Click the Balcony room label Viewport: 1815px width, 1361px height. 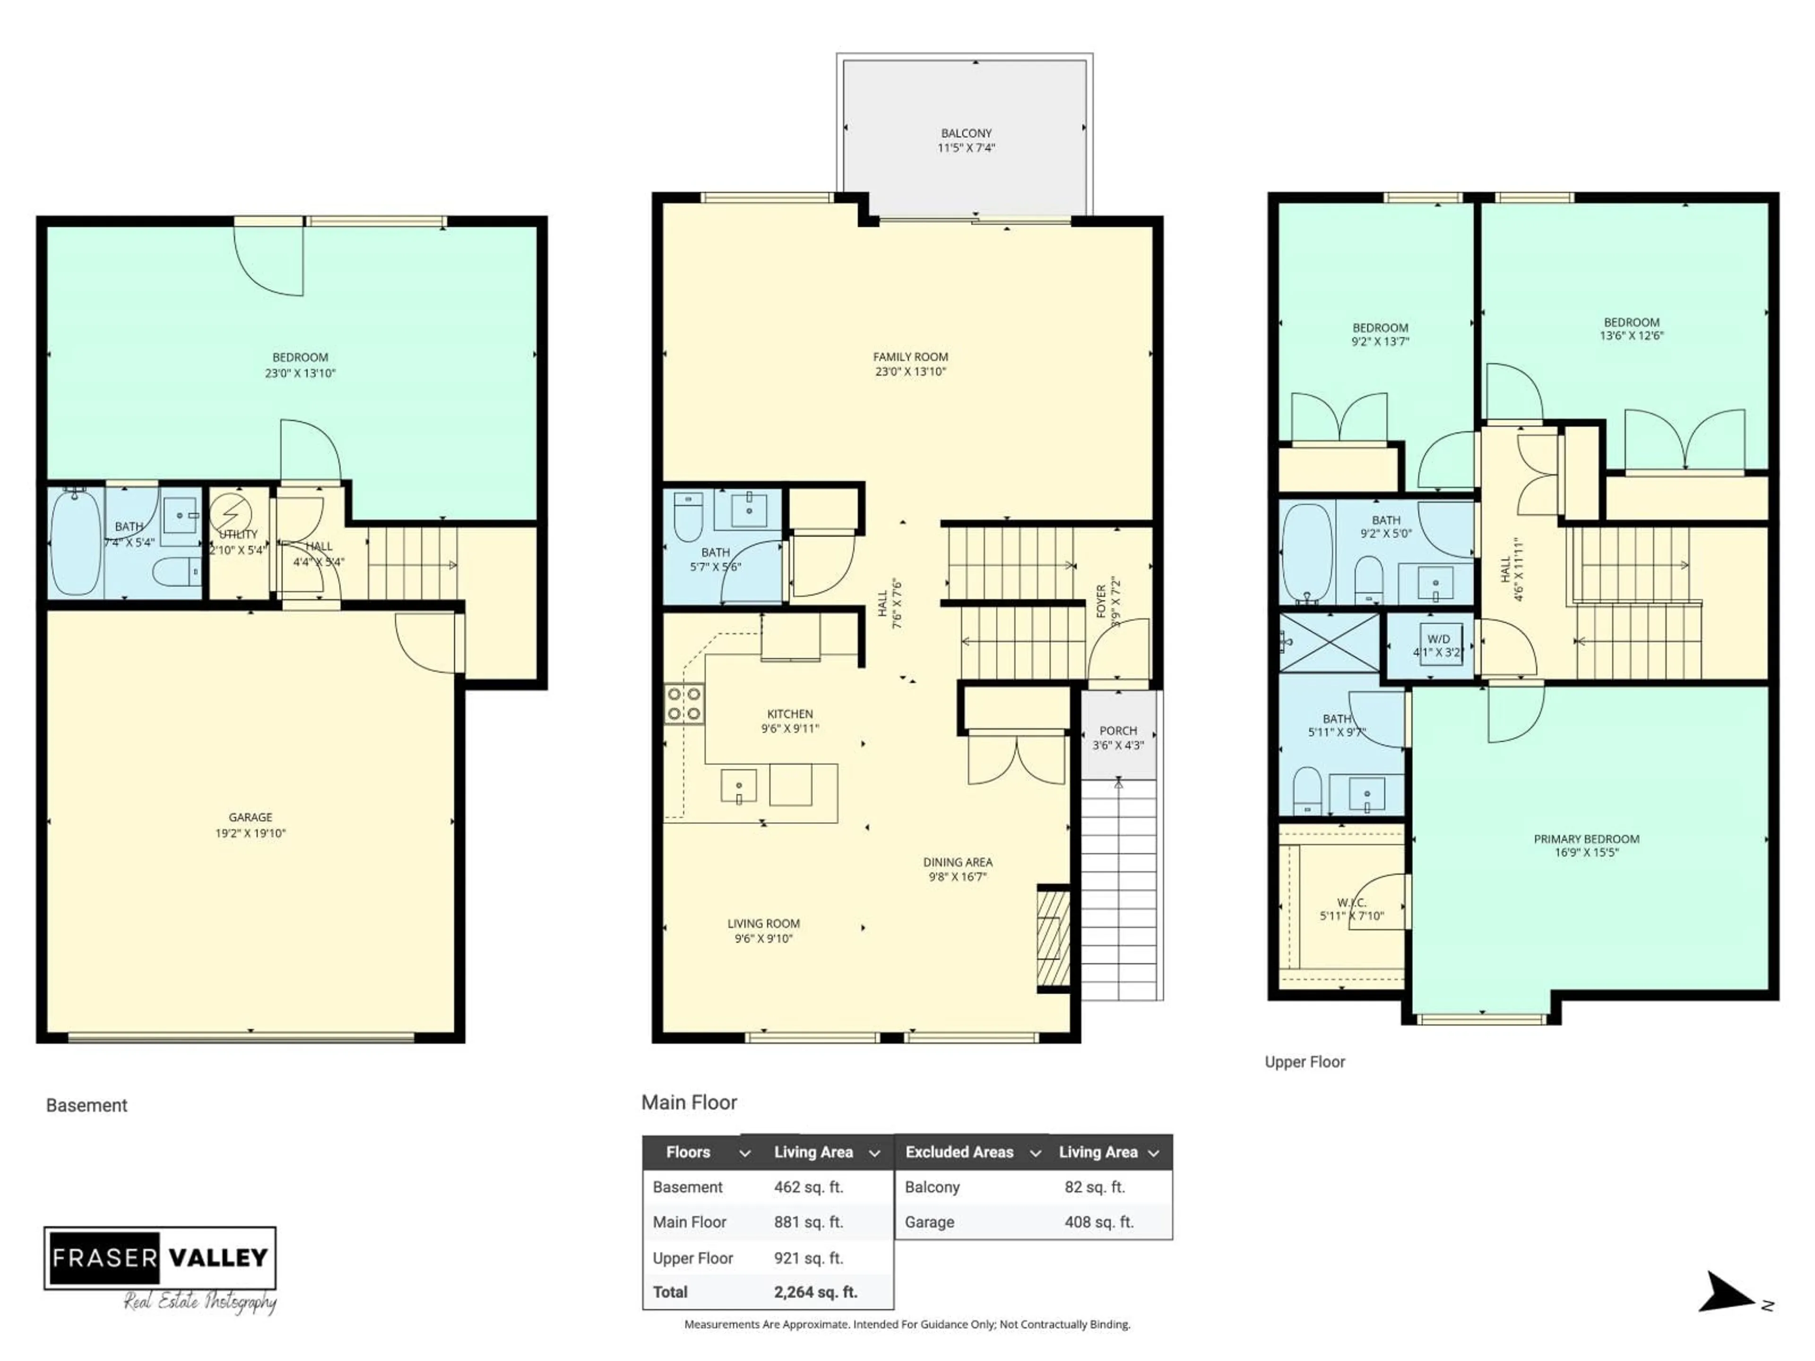pyautogui.click(x=966, y=133)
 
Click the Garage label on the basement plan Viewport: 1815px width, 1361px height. pyautogui.click(x=250, y=817)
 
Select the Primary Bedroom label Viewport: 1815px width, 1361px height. pyautogui.click(x=1586, y=838)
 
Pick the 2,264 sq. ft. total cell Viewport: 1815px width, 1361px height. pyautogui.click(x=815, y=1292)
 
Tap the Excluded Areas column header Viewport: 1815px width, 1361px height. pyautogui.click(x=959, y=1152)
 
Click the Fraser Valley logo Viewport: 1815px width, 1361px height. pyautogui.click(x=160, y=1258)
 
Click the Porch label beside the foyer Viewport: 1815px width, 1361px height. pyautogui.click(x=1117, y=730)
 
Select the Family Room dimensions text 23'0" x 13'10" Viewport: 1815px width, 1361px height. pyautogui.click(x=910, y=371)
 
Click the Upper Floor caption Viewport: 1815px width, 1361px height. pyautogui.click(x=1305, y=1061)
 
